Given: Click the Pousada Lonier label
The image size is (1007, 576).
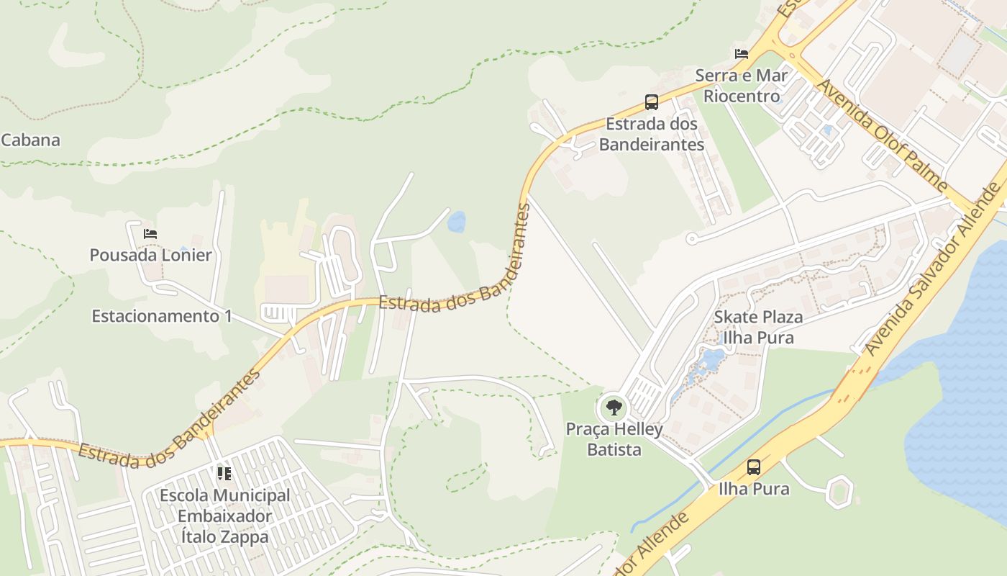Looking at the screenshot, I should click(x=150, y=255).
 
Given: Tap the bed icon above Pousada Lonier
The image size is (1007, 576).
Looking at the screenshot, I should click(x=150, y=234).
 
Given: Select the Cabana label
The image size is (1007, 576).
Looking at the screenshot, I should click(x=30, y=140).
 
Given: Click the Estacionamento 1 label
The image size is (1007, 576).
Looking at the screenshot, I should click(x=162, y=316).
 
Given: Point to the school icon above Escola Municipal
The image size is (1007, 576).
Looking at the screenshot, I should click(x=224, y=474).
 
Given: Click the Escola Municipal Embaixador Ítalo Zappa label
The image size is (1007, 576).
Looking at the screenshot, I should click(x=224, y=516).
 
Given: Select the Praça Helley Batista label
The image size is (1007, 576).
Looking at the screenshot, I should click(x=614, y=440).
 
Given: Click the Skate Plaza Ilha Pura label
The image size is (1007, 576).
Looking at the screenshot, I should click(x=758, y=327).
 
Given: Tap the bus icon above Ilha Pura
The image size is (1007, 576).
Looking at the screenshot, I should click(x=753, y=467).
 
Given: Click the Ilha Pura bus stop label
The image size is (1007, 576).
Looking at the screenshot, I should click(x=753, y=489).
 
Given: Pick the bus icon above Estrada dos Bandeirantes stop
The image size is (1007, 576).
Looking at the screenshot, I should click(x=651, y=102).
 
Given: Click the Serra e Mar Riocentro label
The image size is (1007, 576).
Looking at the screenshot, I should click(x=742, y=86).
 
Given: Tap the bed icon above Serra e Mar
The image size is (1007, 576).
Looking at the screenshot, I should click(x=742, y=54).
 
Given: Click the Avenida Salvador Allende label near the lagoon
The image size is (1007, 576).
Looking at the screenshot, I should click(x=933, y=269).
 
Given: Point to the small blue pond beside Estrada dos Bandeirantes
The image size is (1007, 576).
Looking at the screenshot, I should click(x=456, y=222).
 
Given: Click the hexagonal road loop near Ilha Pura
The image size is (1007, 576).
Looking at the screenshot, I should click(x=839, y=492).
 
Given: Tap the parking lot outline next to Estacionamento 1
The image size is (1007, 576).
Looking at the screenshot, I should click(x=277, y=313).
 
